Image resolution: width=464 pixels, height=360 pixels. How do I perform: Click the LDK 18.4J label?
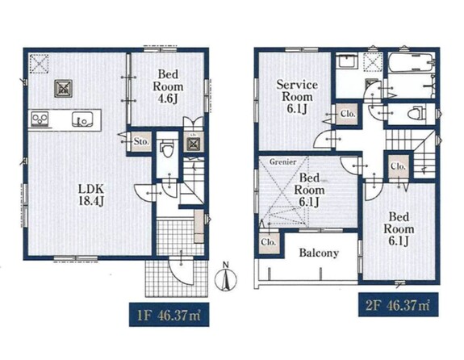91,195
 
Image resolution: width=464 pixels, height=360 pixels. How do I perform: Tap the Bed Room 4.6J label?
168,86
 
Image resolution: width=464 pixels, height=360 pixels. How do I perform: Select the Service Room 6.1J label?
297,97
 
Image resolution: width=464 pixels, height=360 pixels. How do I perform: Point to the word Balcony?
319,253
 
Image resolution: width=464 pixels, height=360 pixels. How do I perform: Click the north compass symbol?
226,278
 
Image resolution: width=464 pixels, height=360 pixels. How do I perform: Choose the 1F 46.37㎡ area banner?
169,315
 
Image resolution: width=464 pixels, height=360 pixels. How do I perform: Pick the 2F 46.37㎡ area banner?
399,304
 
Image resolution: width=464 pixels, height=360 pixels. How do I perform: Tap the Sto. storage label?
141,141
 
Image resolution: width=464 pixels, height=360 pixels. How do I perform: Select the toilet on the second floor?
416,114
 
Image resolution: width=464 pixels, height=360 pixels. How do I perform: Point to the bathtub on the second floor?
411,62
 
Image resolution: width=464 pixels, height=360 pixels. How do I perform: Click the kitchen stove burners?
39,119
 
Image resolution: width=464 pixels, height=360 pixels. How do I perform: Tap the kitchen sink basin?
82,120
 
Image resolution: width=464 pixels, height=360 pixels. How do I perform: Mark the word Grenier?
282,162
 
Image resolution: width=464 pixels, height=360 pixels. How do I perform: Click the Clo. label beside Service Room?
348,114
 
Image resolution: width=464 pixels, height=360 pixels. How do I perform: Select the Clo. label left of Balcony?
269,242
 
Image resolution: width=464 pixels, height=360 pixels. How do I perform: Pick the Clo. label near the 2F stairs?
398,166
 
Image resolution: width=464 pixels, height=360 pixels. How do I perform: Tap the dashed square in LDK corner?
39,64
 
